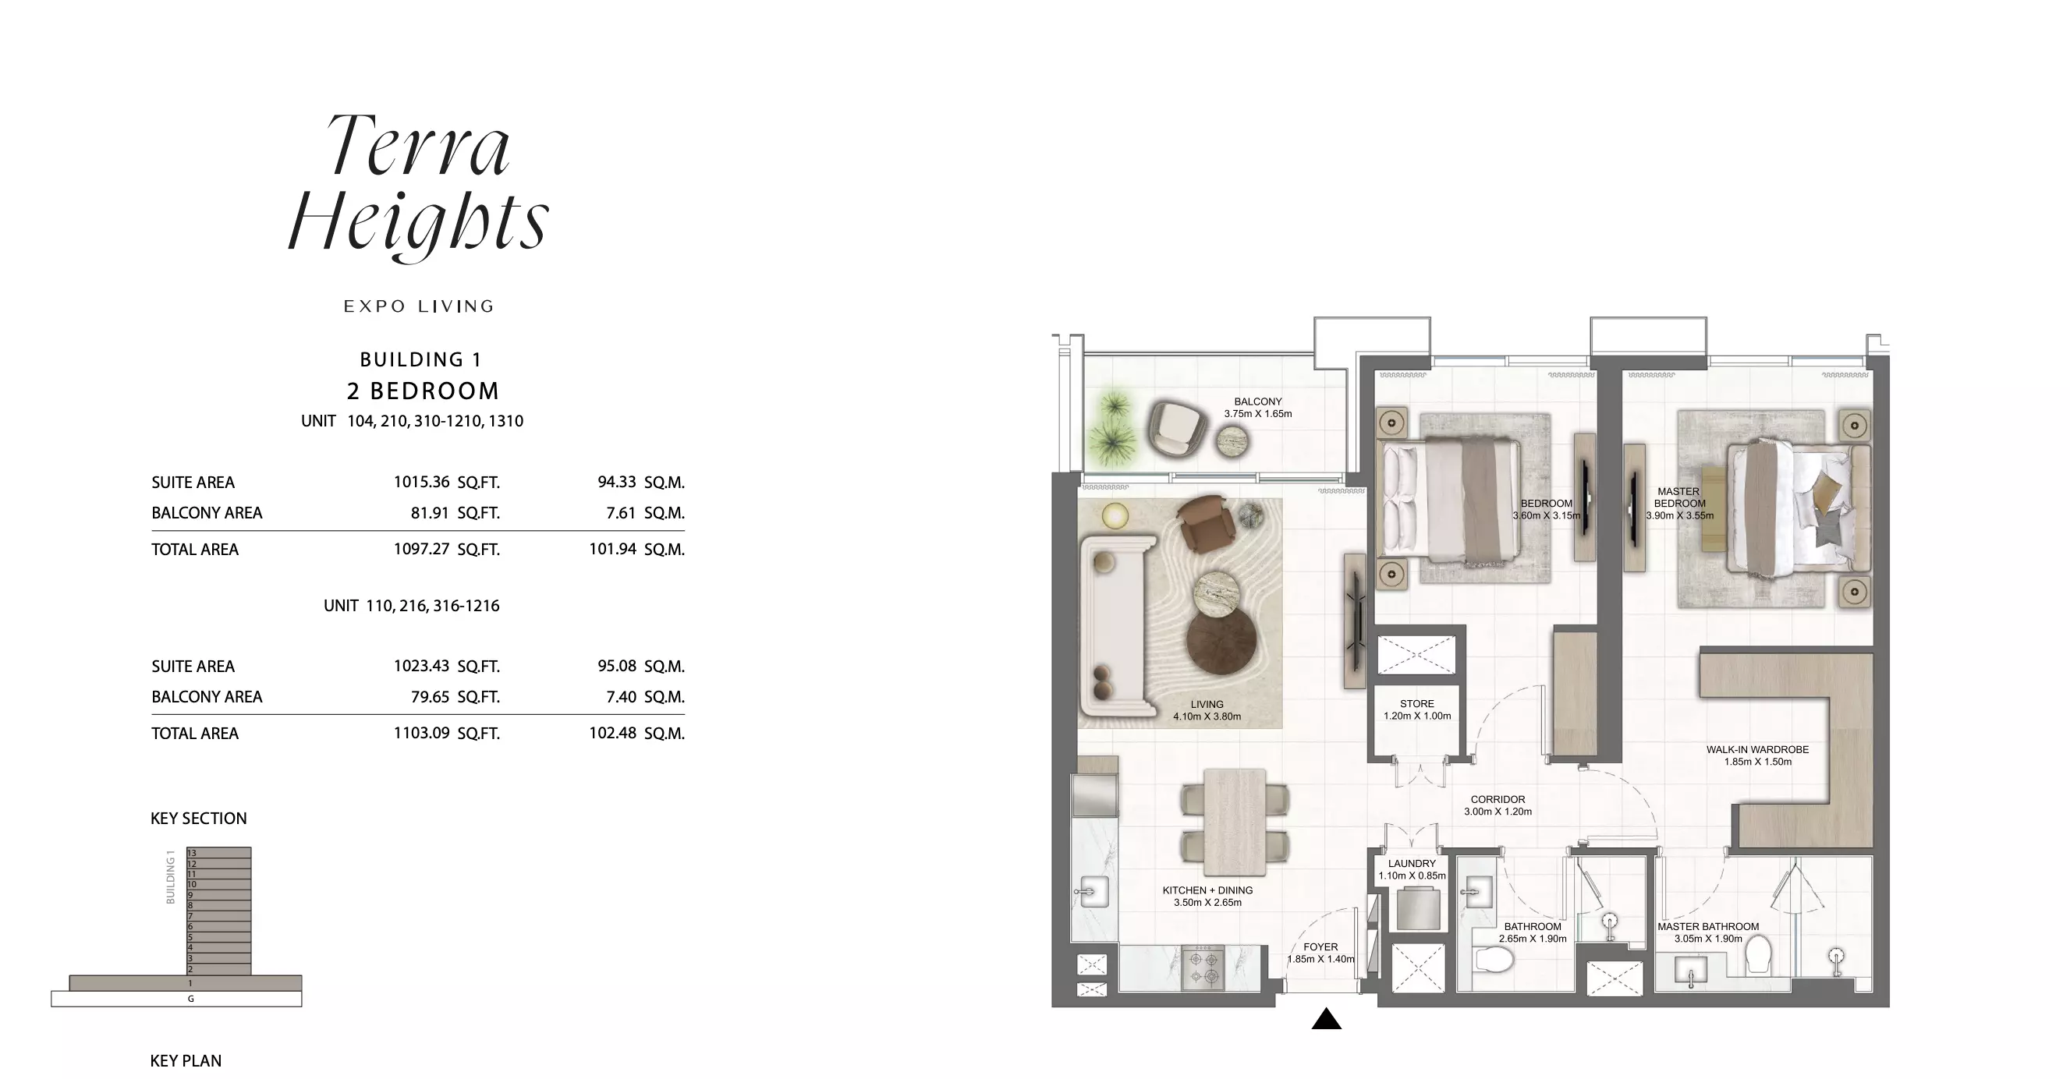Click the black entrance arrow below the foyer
coord(1326,1019)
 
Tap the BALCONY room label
coord(1257,402)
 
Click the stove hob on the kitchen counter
coord(1203,968)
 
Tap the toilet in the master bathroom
coord(1758,953)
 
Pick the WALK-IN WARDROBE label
coord(1757,749)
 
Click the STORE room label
coord(1416,704)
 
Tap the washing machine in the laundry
coord(1418,909)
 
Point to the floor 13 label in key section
coord(192,853)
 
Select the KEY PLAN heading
coord(186,1061)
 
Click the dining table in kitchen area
coord(1235,822)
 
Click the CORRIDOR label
coord(1497,799)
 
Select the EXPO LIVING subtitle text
coord(419,306)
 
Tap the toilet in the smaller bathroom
coord(1494,958)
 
